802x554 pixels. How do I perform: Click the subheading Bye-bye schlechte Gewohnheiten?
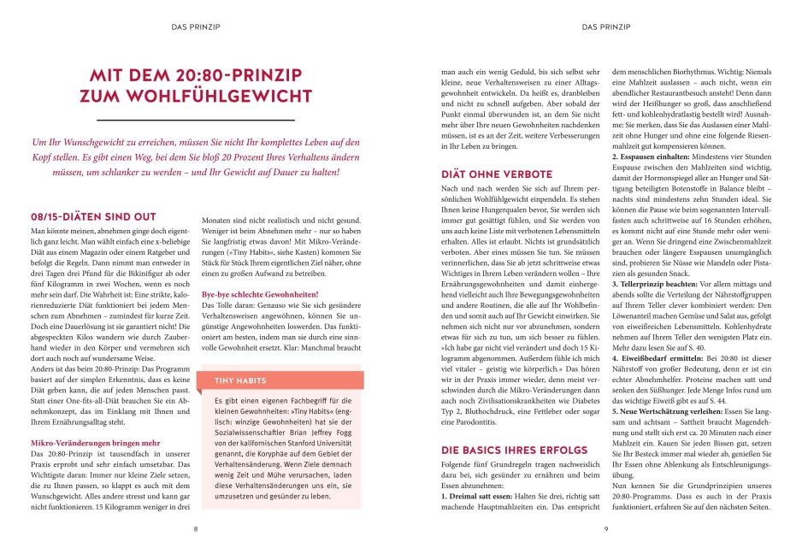click(253, 294)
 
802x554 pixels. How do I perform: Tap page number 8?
click(196, 529)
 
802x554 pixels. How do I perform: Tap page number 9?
click(605, 529)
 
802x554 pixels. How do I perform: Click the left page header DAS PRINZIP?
click(196, 27)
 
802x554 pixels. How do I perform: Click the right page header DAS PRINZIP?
click(605, 27)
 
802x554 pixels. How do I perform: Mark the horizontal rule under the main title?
click(196, 120)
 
